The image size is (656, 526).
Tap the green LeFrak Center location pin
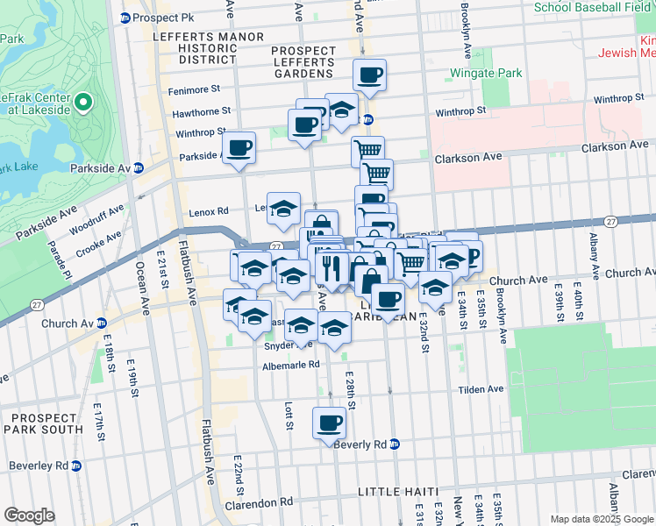[x=83, y=103]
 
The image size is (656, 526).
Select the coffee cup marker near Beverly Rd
[x=330, y=423]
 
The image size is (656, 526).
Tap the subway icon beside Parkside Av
[x=138, y=167]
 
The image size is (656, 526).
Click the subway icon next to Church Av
[x=101, y=323]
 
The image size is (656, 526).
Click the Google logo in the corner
[x=29, y=515]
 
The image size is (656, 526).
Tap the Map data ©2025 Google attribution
[x=602, y=519]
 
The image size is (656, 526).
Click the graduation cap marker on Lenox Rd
[x=283, y=210]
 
